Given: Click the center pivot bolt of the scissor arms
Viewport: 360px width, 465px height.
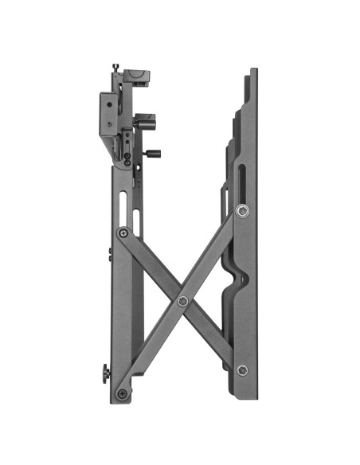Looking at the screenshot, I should pyautogui.click(x=184, y=300).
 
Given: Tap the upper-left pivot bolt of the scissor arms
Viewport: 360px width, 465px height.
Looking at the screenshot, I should pyautogui.click(x=122, y=232).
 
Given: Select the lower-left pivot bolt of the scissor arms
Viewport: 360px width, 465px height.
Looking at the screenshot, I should pyautogui.click(x=122, y=393).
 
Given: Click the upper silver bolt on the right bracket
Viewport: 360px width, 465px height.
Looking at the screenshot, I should pyautogui.click(x=242, y=211).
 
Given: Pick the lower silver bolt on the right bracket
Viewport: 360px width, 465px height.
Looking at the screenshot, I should pyautogui.click(x=242, y=370).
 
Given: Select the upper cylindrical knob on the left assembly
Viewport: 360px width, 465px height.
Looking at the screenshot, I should pyautogui.click(x=146, y=123).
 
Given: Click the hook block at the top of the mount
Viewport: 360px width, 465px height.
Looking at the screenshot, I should pyautogui.click(x=135, y=77).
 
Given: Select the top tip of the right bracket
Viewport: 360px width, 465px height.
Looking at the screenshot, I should pyautogui.click(x=253, y=72).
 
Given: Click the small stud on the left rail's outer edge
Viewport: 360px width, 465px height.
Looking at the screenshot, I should pyautogui.click(x=109, y=254).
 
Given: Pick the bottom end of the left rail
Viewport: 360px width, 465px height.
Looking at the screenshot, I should pyautogui.click(x=119, y=398).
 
